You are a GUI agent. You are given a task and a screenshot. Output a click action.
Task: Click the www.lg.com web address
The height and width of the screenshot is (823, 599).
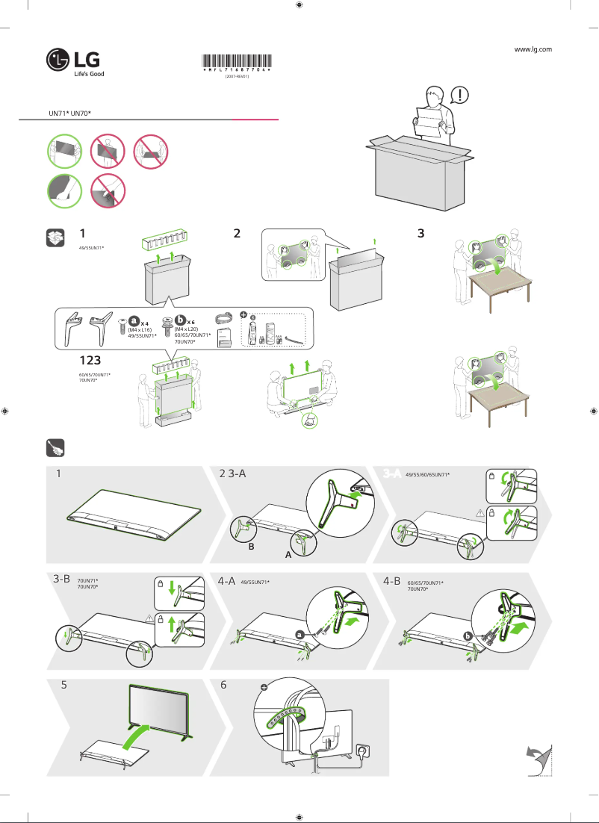pos(533,49)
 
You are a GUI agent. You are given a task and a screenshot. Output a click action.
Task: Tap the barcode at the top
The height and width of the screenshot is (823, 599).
pos(236,63)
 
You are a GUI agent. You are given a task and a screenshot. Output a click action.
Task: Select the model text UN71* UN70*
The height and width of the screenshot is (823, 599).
pos(69,113)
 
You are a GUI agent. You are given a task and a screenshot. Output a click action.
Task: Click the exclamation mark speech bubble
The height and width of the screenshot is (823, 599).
pos(462,96)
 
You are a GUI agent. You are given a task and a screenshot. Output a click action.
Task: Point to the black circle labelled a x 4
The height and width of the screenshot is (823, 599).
pos(134,321)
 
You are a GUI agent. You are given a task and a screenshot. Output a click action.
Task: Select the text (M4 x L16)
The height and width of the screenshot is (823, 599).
pos(140,329)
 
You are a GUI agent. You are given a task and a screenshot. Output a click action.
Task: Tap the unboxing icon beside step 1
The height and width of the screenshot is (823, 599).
pos(55,237)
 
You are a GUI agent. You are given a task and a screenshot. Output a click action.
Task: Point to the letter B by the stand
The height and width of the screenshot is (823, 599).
pos(252,547)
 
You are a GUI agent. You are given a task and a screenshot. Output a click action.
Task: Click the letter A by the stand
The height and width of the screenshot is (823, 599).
pos(288,556)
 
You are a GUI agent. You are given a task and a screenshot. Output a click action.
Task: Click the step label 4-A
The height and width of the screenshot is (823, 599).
pos(227,580)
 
